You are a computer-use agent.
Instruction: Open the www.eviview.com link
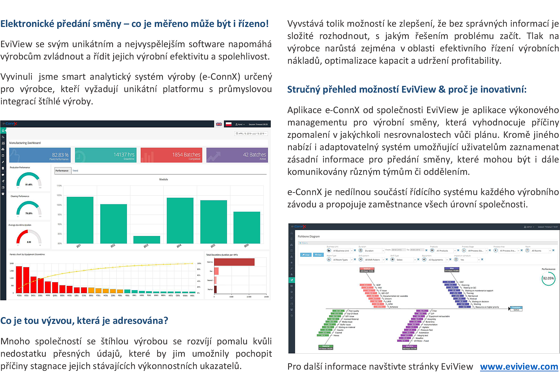(519, 367)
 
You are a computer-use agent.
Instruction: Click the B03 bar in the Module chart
(147, 240)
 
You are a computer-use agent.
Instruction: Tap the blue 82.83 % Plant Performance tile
(40, 155)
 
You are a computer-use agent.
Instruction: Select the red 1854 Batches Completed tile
(171, 155)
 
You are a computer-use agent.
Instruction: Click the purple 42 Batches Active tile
(237, 155)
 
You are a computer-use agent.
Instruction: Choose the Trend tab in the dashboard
(75, 171)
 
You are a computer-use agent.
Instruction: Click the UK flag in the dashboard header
(219, 124)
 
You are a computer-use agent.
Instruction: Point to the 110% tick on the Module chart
(59, 186)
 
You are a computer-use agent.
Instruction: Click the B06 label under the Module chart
(246, 246)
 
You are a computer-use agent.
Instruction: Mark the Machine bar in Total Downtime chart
(234, 262)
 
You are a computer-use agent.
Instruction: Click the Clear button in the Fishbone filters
(306, 255)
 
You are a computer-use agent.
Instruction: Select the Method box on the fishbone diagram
(367, 270)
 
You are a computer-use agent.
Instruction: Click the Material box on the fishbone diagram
(326, 347)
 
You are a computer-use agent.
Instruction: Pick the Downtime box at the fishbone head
(516, 309)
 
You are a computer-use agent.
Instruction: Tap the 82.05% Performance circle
(548, 278)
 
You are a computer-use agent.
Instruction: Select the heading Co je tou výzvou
(84, 320)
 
